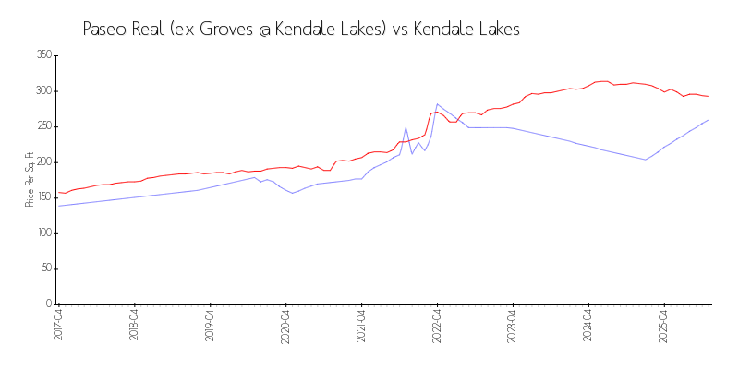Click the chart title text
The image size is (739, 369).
coord(301,30)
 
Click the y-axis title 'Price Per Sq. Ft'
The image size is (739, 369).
coord(30,180)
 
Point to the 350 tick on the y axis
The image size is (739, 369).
coord(42,55)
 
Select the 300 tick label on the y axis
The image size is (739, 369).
coord(42,91)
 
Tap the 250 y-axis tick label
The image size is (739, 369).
coord(42,126)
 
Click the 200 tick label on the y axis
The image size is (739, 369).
coord(42,162)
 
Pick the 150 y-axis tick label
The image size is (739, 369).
coord(42,197)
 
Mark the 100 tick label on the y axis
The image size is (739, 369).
coord(42,233)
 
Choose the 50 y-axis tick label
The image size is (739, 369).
coord(45,268)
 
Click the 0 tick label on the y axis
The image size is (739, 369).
coord(48,304)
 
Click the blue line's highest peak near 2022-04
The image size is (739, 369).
coord(437,104)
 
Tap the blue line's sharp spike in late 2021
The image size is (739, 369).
coord(406,127)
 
